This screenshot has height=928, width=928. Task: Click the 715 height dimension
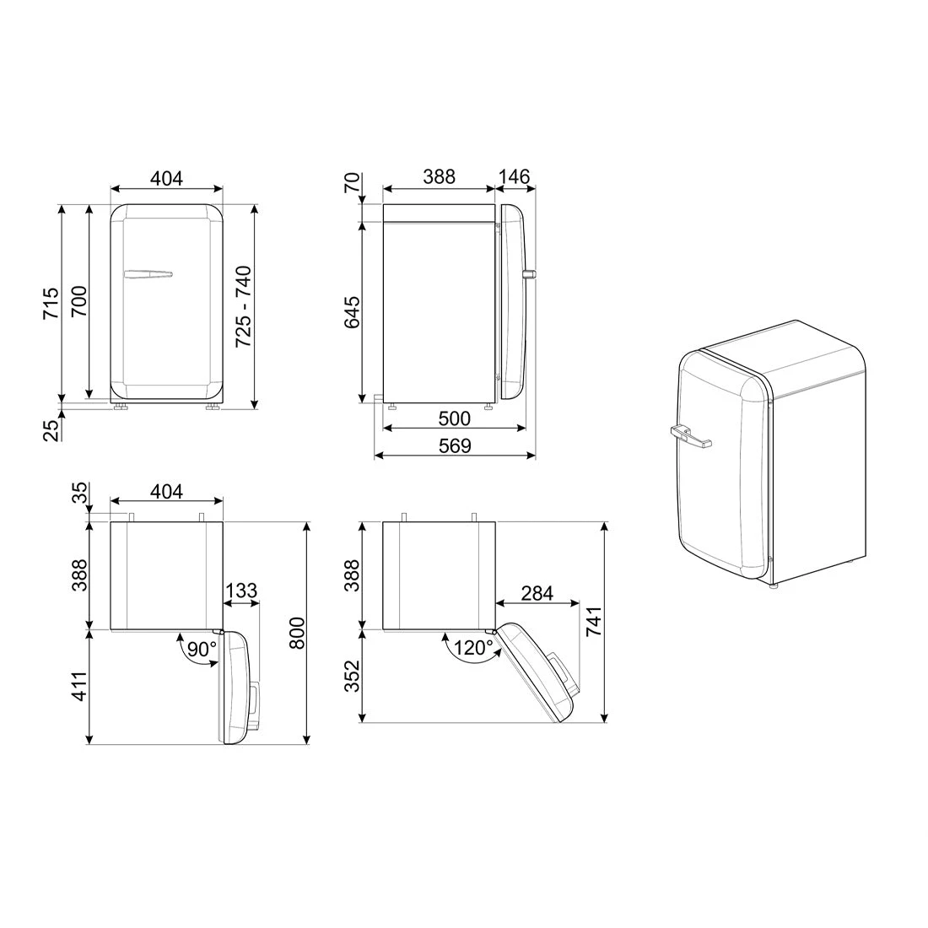[51, 303]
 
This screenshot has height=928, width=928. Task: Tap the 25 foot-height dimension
[51, 429]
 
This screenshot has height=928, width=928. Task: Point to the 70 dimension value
[352, 183]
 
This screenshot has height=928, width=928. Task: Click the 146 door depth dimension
[514, 177]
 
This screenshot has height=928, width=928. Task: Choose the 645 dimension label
[352, 312]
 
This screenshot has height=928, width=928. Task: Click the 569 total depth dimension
[456, 445]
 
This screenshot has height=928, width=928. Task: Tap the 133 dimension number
[241, 591]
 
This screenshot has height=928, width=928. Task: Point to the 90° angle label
[202, 649]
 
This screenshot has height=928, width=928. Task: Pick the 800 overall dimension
[295, 633]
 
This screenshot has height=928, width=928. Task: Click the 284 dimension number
[537, 593]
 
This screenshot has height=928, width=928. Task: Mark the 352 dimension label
[352, 675]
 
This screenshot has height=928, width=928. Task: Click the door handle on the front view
[148, 273]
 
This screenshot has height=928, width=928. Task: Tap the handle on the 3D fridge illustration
[691, 436]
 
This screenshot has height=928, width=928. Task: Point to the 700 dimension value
[78, 302]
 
